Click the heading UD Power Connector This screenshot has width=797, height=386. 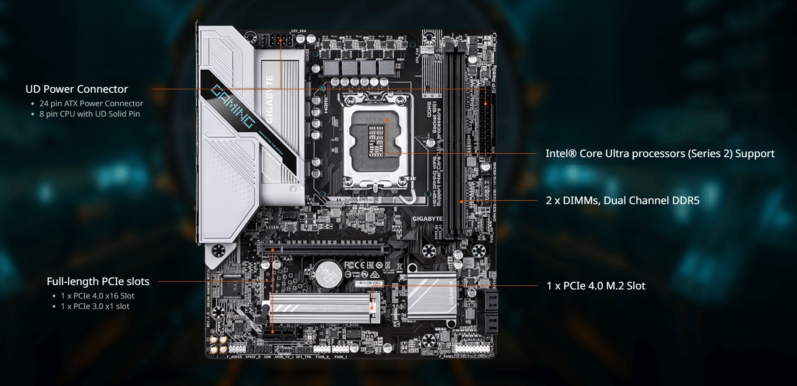[77, 89]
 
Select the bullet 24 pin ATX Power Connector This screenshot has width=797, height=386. [91, 104]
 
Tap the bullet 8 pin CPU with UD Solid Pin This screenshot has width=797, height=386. [90, 114]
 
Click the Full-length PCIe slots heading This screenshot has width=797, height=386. [98, 282]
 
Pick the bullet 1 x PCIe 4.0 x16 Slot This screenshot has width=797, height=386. [98, 296]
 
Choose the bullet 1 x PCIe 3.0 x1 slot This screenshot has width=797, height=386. [95, 306]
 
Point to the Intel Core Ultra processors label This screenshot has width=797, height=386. [660, 154]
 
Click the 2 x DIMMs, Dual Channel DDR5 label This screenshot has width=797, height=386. [622, 201]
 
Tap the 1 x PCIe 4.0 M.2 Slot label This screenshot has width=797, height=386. [596, 286]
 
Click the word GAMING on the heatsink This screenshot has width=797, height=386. [233, 106]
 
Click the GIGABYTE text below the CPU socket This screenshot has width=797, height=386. [427, 219]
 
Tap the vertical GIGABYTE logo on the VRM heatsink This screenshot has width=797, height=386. [270, 99]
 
